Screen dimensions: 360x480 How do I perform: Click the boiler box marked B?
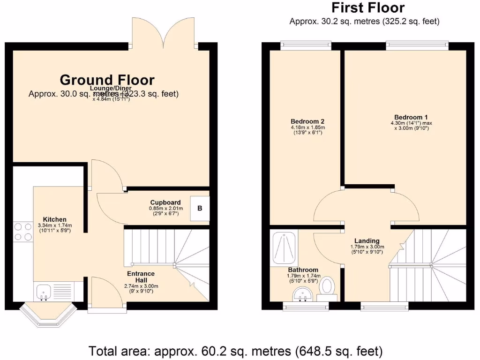coord(199,208)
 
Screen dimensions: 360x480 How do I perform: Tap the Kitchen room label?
coord(54,219)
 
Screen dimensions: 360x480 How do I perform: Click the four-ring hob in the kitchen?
coord(22,231)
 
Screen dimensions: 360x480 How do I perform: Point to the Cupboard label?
coord(165,202)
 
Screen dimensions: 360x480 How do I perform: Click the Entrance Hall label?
coord(141,277)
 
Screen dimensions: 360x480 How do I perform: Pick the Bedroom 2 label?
coord(307,121)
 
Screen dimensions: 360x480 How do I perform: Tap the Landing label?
coord(367,241)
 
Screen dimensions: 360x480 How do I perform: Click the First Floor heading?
coord(368,8)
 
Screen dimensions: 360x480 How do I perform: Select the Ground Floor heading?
coord(107,80)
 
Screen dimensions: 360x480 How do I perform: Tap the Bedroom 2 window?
coord(305,45)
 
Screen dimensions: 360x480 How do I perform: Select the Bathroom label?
coord(303,270)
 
